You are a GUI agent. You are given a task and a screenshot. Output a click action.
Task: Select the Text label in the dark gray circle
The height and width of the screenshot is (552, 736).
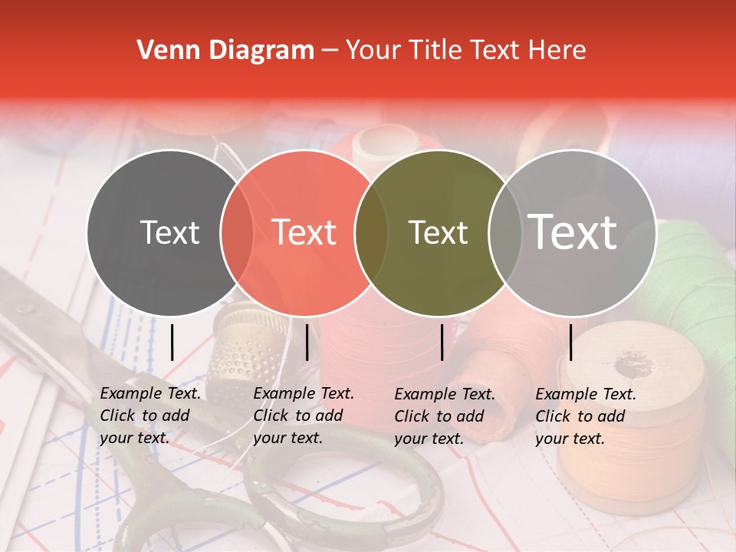click(170, 232)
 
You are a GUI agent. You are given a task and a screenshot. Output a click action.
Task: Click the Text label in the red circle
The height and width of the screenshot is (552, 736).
click(304, 232)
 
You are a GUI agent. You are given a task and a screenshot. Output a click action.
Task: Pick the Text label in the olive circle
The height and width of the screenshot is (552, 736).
click(439, 232)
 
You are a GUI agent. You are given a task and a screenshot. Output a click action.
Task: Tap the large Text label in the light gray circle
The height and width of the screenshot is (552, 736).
click(573, 232)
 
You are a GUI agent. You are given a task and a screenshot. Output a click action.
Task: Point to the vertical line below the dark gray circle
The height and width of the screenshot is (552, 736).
click(172, 342)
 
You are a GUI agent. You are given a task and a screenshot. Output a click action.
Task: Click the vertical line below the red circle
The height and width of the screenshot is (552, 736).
click(307, 342)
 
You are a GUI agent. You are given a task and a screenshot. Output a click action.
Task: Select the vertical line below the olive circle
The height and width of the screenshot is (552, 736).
click(442, 342)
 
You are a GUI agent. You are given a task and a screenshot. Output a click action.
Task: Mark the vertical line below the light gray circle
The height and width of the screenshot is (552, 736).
click(571, 342)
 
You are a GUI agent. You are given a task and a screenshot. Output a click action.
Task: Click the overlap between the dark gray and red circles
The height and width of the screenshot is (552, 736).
click(237, 232)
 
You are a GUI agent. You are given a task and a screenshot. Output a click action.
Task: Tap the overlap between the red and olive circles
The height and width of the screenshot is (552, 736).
click(371, 232)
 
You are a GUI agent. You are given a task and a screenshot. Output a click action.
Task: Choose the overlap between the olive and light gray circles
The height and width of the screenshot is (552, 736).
click(505, 232)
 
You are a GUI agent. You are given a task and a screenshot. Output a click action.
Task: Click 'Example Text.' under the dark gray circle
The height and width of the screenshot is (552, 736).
click(150, 393)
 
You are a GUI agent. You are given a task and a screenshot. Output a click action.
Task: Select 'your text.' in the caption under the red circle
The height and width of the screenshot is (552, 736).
click(288, 438)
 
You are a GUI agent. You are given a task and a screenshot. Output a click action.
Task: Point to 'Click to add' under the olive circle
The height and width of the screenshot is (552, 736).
click(439, 416)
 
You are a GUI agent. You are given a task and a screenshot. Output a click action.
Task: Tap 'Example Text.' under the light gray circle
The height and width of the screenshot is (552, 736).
click(586, 394)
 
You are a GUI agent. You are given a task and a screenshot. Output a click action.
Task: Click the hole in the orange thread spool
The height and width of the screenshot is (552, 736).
click(633, 367)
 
